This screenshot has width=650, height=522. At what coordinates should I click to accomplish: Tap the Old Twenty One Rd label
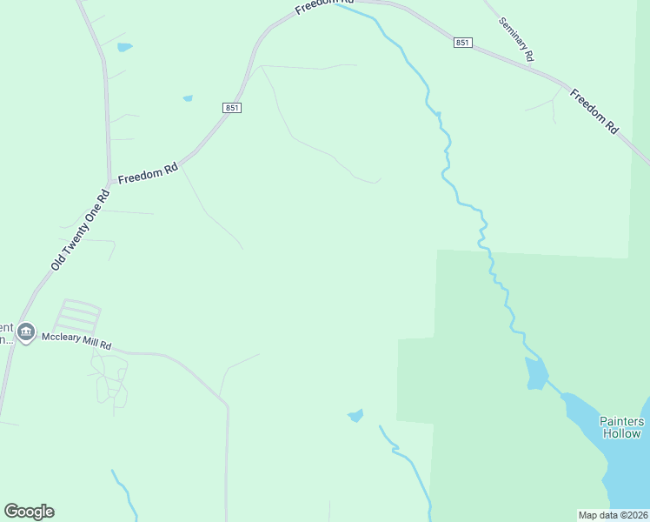[78, 230]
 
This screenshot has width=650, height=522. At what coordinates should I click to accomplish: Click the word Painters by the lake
[622, 421]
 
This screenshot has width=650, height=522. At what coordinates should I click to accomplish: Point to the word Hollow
[622, 433]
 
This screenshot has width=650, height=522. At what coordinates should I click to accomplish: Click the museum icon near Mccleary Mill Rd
[26, 333]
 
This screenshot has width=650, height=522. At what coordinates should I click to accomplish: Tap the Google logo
[30, 512]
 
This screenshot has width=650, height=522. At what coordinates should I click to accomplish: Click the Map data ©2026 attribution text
[613, 515]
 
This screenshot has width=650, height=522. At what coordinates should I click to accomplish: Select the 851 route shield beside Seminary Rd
[462, 42]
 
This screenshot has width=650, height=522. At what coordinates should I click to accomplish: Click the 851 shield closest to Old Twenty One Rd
[231, 107]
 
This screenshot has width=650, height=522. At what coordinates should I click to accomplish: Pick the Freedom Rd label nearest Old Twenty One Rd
[148, 172]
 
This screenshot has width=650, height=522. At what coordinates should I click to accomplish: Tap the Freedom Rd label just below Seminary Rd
[594, 110]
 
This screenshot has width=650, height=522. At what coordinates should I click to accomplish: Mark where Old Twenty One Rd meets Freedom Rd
[109, 184]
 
